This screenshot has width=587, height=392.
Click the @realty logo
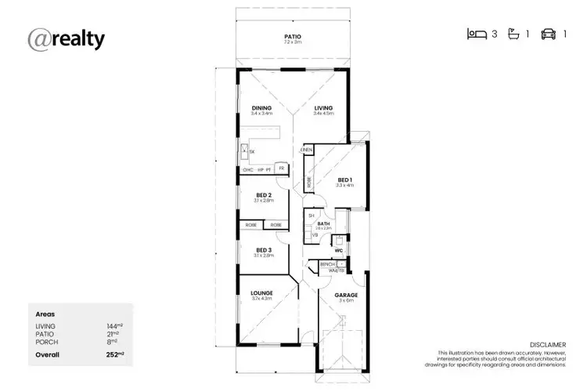(x=66, y=39)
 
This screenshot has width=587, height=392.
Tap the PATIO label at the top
(x=292, y=36)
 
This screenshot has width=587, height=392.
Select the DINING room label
(x=261, y=108)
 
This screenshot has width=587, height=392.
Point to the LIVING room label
(x=323, y=108)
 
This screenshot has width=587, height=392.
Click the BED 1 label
(x=345, y=180)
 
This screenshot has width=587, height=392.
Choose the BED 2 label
(x=263, y=195)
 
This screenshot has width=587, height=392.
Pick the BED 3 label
(x=263, y=250)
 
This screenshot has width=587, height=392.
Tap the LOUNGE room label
(x=262, y=293)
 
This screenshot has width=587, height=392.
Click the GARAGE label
(x=346, y=296)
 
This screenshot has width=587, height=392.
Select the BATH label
(x=323, y=223)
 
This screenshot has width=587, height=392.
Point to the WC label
(x=339, y=251)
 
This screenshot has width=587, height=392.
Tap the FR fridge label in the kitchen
(x=281, y=169)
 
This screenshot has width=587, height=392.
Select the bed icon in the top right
(x=477, y=34)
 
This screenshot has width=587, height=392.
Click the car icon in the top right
(x=549, y=34)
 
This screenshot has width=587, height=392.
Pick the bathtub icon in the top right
(x=513, y=34)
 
